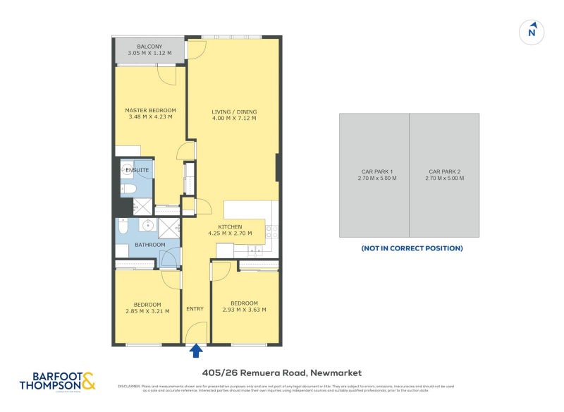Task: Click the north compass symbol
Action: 533,32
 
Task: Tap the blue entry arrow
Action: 196,350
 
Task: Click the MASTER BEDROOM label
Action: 150,111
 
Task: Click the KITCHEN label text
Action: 230,227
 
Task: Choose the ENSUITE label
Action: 137,171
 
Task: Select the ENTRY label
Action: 195,309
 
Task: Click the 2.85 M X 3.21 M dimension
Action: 148,311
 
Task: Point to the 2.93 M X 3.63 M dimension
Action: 244,310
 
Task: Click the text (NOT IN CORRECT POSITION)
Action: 412,248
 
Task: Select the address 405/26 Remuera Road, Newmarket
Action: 281,372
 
